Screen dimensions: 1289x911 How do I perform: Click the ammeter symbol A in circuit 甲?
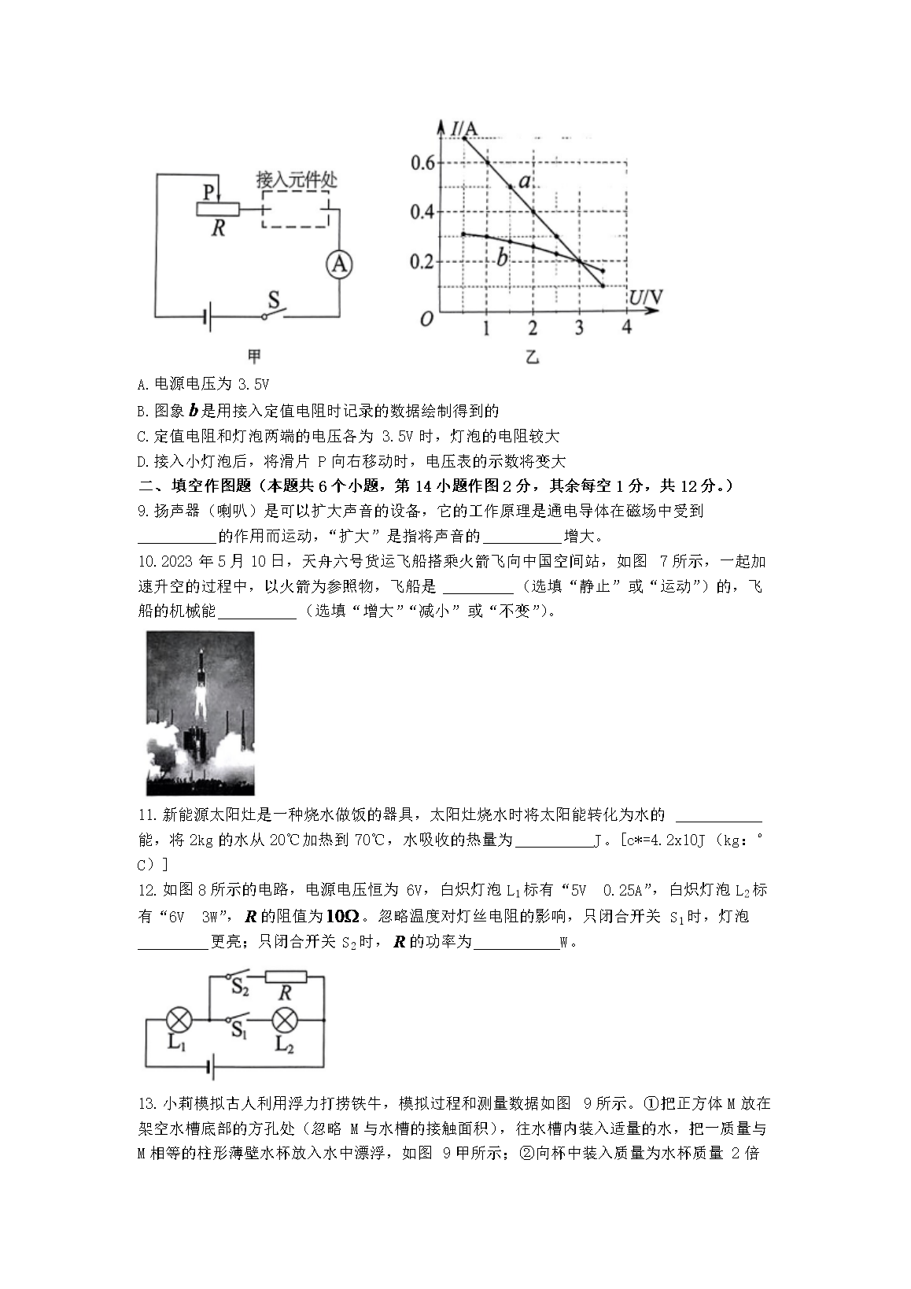339,265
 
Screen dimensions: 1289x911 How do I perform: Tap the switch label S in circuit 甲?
274,299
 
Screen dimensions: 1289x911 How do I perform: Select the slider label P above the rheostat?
208,193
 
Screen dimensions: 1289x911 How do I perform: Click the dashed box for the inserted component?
295,209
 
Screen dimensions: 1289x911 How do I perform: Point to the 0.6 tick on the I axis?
422,163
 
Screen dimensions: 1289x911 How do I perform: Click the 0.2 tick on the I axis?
422,261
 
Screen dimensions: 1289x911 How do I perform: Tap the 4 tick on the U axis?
626,327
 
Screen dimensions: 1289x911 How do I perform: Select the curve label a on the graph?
525,182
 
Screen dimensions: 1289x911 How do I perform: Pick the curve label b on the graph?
501,257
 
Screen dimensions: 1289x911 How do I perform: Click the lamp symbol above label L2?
283,1020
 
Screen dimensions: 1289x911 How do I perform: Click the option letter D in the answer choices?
142,461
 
